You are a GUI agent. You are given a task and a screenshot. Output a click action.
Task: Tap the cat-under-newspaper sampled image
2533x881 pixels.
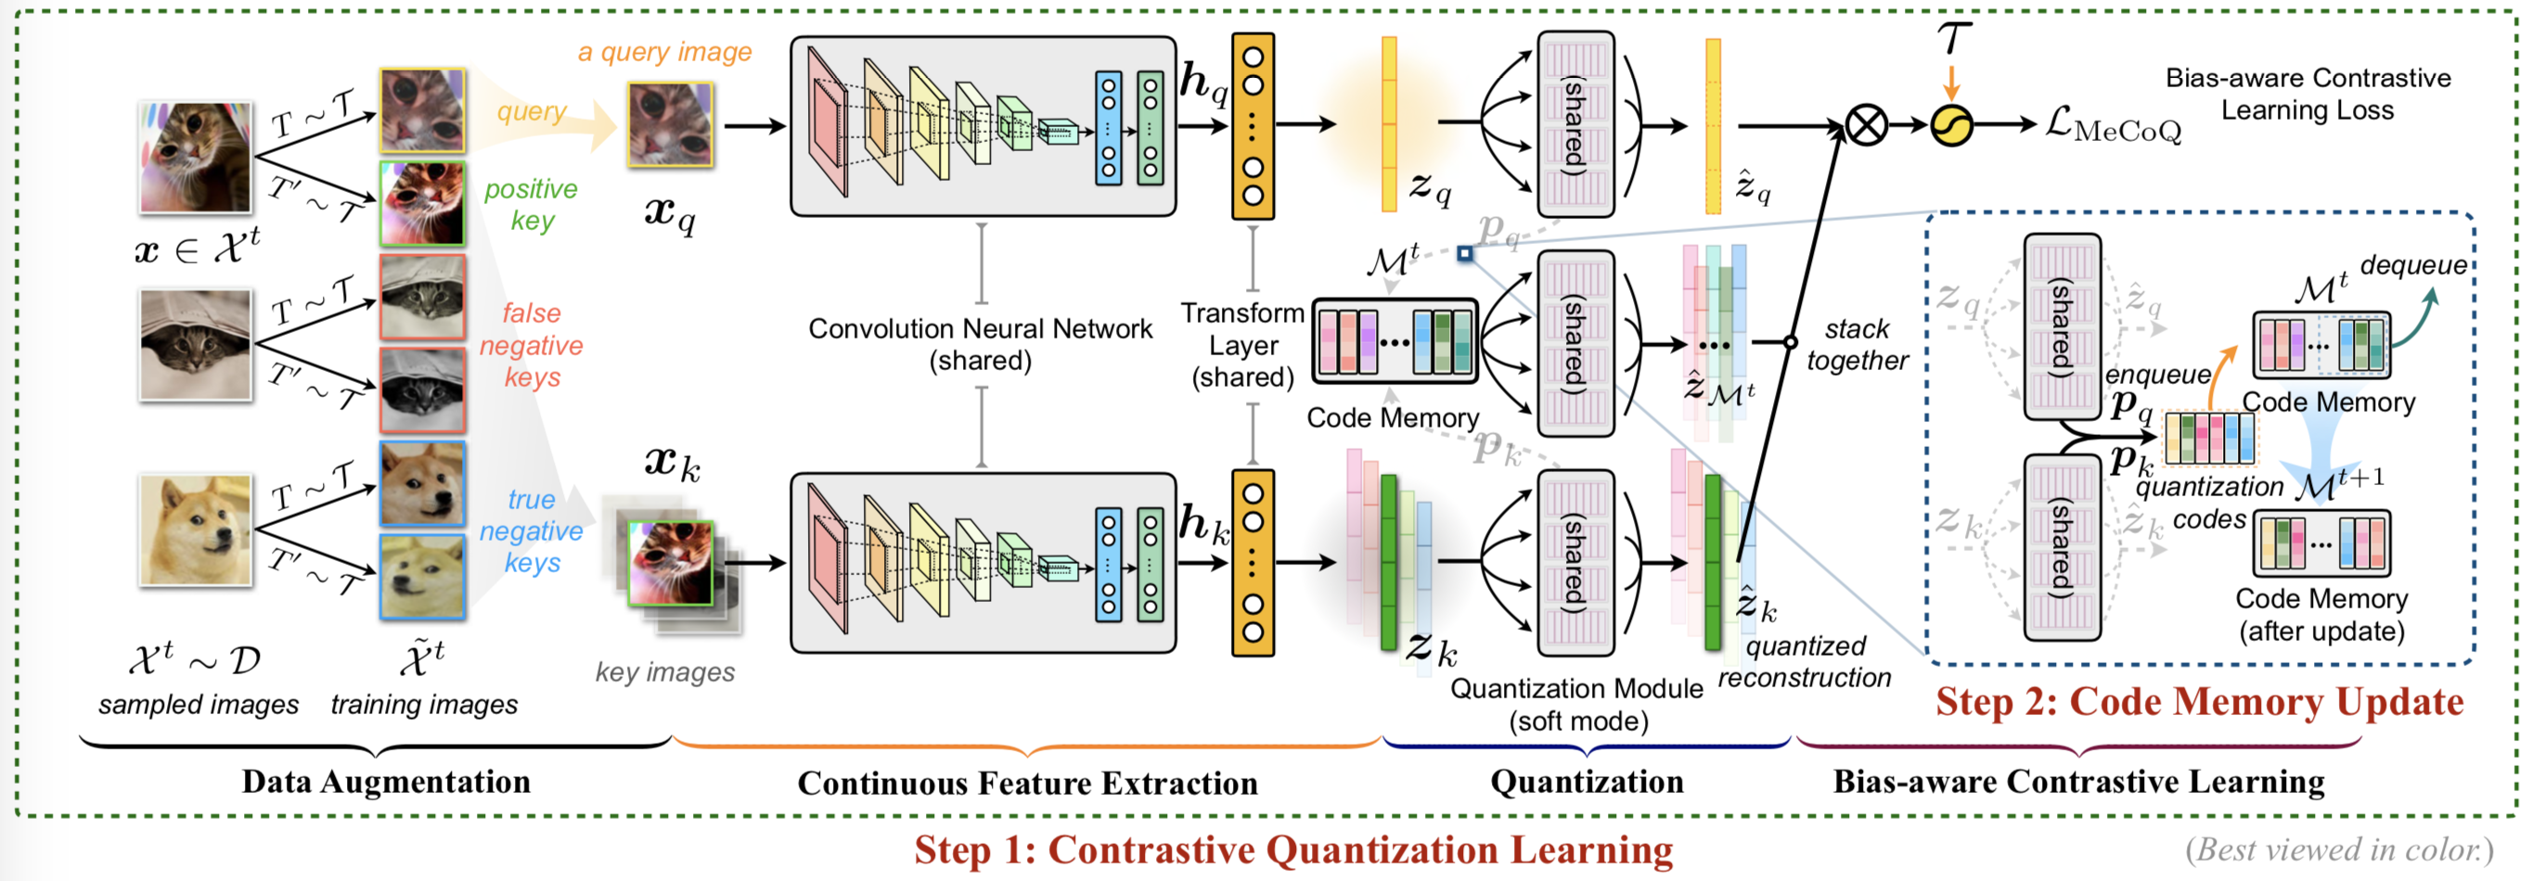pos(195,343)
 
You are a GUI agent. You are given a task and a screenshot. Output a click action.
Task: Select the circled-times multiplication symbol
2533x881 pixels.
pos(1865,126)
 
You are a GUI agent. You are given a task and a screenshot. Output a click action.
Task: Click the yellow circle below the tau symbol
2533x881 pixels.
pos(1951,126)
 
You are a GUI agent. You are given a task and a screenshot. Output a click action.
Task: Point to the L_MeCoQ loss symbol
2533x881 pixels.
pos(2111,126)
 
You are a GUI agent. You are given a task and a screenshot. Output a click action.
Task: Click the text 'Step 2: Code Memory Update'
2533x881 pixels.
pos(2199,702)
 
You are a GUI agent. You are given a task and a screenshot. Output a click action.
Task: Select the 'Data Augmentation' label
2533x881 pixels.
pos(385,782)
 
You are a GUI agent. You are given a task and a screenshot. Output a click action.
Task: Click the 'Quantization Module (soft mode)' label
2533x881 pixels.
pos(1576,704)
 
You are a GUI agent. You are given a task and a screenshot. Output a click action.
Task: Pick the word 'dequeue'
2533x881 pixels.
pos(2412,264)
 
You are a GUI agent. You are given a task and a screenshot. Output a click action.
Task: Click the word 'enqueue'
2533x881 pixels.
pos(2157,375)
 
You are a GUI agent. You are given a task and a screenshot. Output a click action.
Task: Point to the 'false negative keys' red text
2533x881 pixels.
pos(531,345)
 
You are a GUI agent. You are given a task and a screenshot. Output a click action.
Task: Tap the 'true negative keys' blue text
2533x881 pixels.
pos(531,531)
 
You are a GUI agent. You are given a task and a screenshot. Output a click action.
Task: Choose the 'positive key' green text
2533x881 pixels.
pos(531,203)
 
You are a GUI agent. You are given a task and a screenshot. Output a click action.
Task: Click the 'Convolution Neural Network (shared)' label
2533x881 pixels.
pos(980,344)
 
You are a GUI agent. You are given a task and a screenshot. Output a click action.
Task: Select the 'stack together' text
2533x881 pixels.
pos(1856,344)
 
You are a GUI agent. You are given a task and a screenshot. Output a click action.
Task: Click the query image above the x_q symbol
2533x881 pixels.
pos(671,125)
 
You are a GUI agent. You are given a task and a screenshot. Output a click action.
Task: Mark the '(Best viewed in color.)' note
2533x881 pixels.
pos(2339,849)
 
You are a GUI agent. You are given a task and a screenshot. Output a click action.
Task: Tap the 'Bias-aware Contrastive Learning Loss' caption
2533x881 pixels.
pos(2307,94)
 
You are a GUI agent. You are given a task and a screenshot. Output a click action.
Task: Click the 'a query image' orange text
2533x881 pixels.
pos(663,51)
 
